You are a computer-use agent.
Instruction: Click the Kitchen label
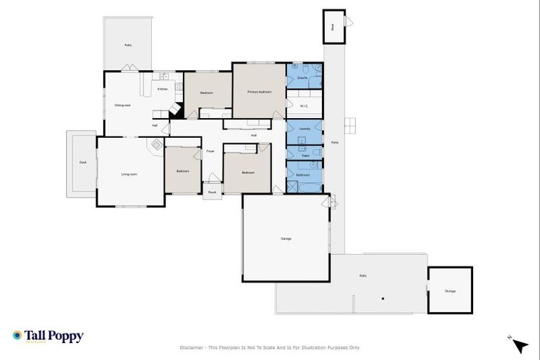click(162, 89)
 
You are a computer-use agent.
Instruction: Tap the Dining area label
click(123, 105)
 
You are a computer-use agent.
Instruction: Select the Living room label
click(129, 174)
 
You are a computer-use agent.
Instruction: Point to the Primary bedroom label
click(259, 92)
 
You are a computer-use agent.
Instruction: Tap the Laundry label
click(304, 129)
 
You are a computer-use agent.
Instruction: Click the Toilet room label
click(305, 155)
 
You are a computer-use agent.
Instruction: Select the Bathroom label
click(303, 174)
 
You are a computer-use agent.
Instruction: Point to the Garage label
click(286, 238)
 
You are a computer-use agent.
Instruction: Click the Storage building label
click(450, 290)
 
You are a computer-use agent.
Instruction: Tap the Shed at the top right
click(333, 27)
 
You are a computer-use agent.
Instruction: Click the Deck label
click(82, 162)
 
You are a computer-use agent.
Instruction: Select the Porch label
click(212, 191)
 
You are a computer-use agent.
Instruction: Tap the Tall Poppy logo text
click(54, 336)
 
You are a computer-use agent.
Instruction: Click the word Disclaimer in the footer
click(191, 347)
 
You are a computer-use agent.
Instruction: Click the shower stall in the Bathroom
click(292, 187)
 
